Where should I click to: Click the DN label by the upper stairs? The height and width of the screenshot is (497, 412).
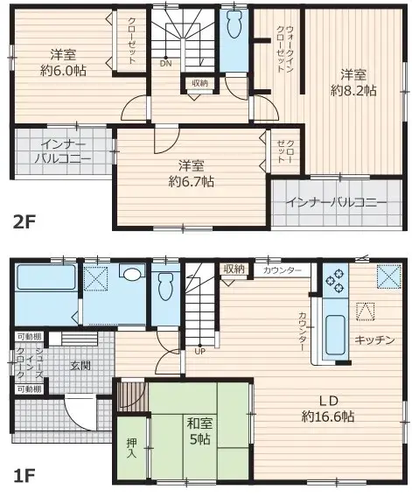[x=165, y=63]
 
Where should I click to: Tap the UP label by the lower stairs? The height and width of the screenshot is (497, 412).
[x=200, y=352]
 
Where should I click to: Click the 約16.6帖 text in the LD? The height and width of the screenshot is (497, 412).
[x=328, y=416]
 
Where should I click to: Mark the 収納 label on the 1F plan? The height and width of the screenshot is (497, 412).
[x=234, y=269]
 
